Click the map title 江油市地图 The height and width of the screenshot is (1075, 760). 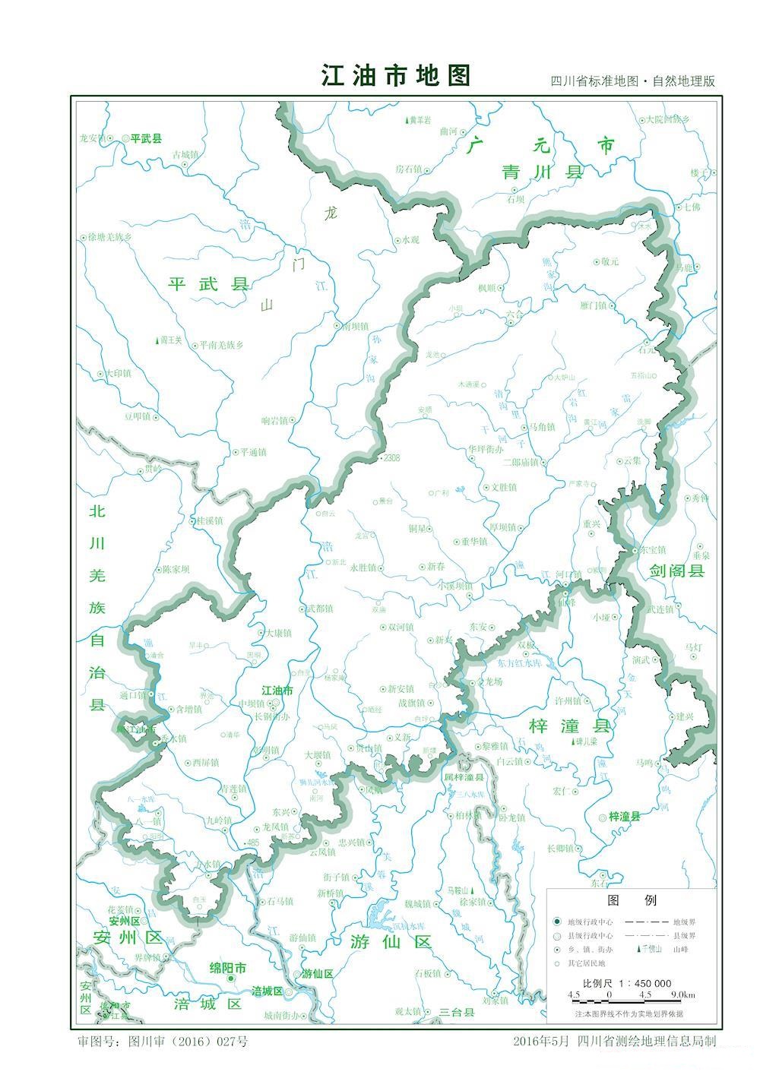click(x=396, y=76)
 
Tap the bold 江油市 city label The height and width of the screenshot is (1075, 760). click(x=277, y=691)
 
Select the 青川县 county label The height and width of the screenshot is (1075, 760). click(x=542, y=172)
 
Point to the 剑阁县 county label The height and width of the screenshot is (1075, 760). click(x=676, y=571)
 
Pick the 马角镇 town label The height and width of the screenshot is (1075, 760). click(x=542, y=427)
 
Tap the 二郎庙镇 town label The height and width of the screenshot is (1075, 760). click(x=521, y=462)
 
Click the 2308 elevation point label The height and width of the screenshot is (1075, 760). click(x=391, y=458)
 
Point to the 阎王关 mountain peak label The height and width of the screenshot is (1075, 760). click(x=170, y=340)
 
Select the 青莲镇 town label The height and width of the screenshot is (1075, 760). click(x=233, y=789)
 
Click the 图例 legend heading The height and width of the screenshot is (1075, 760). click(x=632, y=900)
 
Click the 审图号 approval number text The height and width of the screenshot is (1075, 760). click(x=163, y=1041)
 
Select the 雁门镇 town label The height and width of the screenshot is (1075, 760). click(x=593, y=305)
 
